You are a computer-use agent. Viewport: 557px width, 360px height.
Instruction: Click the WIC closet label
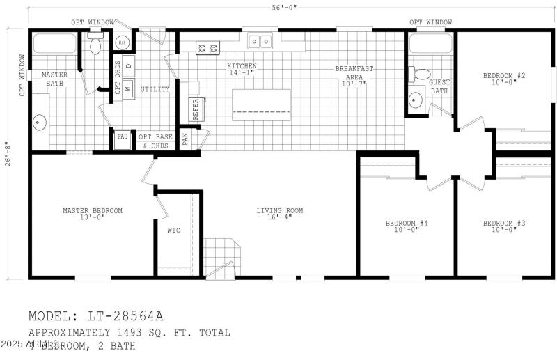point(174,230)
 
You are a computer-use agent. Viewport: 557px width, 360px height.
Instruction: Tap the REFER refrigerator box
point(194,109)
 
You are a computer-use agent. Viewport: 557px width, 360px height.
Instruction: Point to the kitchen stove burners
point(209,48)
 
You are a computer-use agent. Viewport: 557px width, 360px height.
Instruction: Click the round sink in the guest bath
point(416,100)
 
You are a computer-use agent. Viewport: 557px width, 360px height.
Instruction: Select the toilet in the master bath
point(95,46)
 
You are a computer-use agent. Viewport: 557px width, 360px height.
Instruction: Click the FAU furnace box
point(123,137)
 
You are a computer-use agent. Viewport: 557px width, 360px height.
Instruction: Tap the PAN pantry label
point(185,138)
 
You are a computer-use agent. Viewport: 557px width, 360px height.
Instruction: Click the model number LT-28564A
point(96,317)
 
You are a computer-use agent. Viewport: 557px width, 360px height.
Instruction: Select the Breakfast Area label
point(354,76)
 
